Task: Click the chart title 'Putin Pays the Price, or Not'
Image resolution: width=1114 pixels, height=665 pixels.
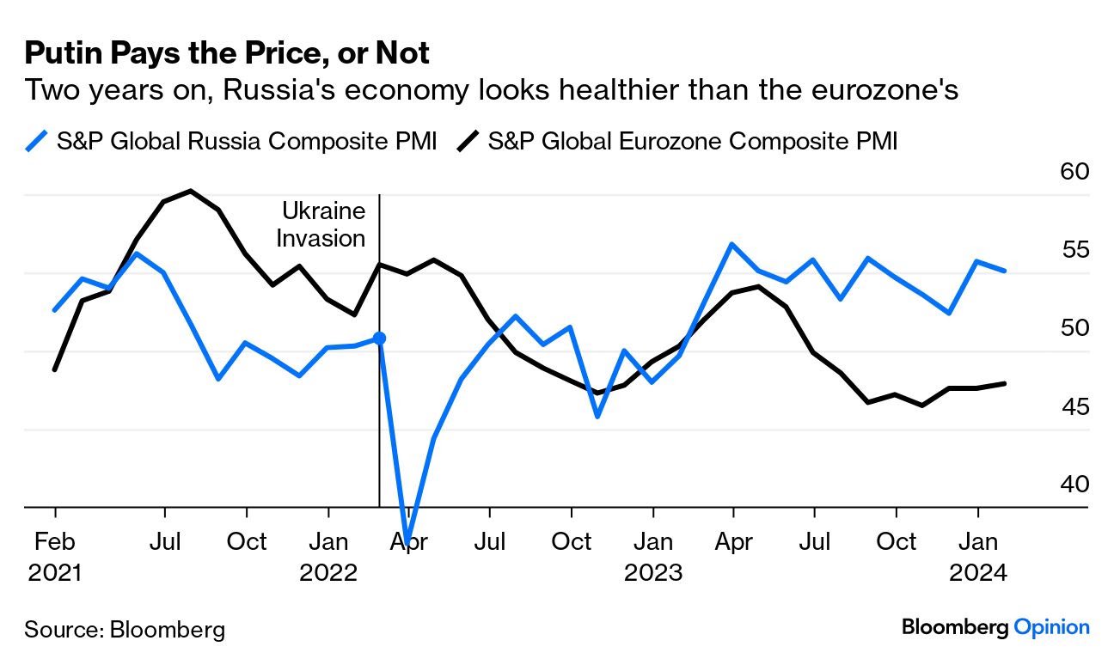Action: tap(227, 54)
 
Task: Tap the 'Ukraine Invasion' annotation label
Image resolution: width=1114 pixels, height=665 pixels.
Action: tap(321, 224)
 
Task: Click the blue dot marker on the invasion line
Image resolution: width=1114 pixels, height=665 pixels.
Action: tap(379, 339)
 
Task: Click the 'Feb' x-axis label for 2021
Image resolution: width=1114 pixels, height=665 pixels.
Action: tap(55, 542)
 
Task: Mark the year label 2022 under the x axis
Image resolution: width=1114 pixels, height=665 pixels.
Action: tap(328, 572)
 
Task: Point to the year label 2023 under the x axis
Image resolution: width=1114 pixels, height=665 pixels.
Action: tap(653, 572)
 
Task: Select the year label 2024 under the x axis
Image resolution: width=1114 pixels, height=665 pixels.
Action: tap(977, 572)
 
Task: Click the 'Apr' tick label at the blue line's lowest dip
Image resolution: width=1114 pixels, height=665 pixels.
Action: tap(409, 542)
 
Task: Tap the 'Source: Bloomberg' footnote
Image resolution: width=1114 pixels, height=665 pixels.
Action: tap(125, 629)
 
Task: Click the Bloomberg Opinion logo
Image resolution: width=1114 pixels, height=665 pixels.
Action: tap(995, 627)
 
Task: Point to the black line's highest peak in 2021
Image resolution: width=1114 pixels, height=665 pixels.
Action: tap(190, 191)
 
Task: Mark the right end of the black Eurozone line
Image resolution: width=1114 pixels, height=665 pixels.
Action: tap(1005, 383)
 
